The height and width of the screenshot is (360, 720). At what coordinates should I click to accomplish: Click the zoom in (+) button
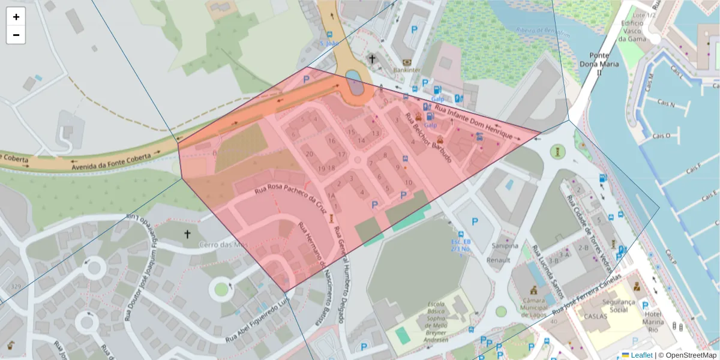16,17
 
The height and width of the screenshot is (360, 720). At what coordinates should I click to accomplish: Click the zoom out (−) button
16,35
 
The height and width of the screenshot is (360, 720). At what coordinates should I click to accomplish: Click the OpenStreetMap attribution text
691,355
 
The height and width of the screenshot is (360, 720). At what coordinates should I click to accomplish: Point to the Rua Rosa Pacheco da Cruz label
290,199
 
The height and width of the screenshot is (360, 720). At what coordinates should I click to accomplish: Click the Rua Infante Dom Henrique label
473,122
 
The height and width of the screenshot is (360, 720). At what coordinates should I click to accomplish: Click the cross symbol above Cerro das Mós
187,233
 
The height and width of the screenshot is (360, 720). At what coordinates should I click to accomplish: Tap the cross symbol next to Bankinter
372,59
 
